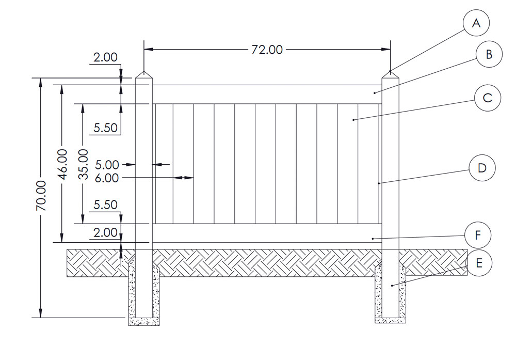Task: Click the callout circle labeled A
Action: (x=476, y=24)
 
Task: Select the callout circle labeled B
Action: (x=489, y=54)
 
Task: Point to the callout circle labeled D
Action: (x=482, y=168)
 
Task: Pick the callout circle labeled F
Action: (x=477, y=235)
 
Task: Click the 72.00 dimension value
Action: (x=267, y=50)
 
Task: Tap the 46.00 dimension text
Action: (x=62, y=164)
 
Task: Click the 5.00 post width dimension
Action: (x=107, y=165)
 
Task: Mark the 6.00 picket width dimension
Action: (x=107, y=178)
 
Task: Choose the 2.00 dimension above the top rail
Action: (x=105, y=57)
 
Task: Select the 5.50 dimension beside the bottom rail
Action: (x=105, y=205)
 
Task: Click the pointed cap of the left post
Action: (x=144, y=75)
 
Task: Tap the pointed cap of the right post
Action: (x=391, y=75)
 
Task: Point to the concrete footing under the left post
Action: (x=144, y=321)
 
